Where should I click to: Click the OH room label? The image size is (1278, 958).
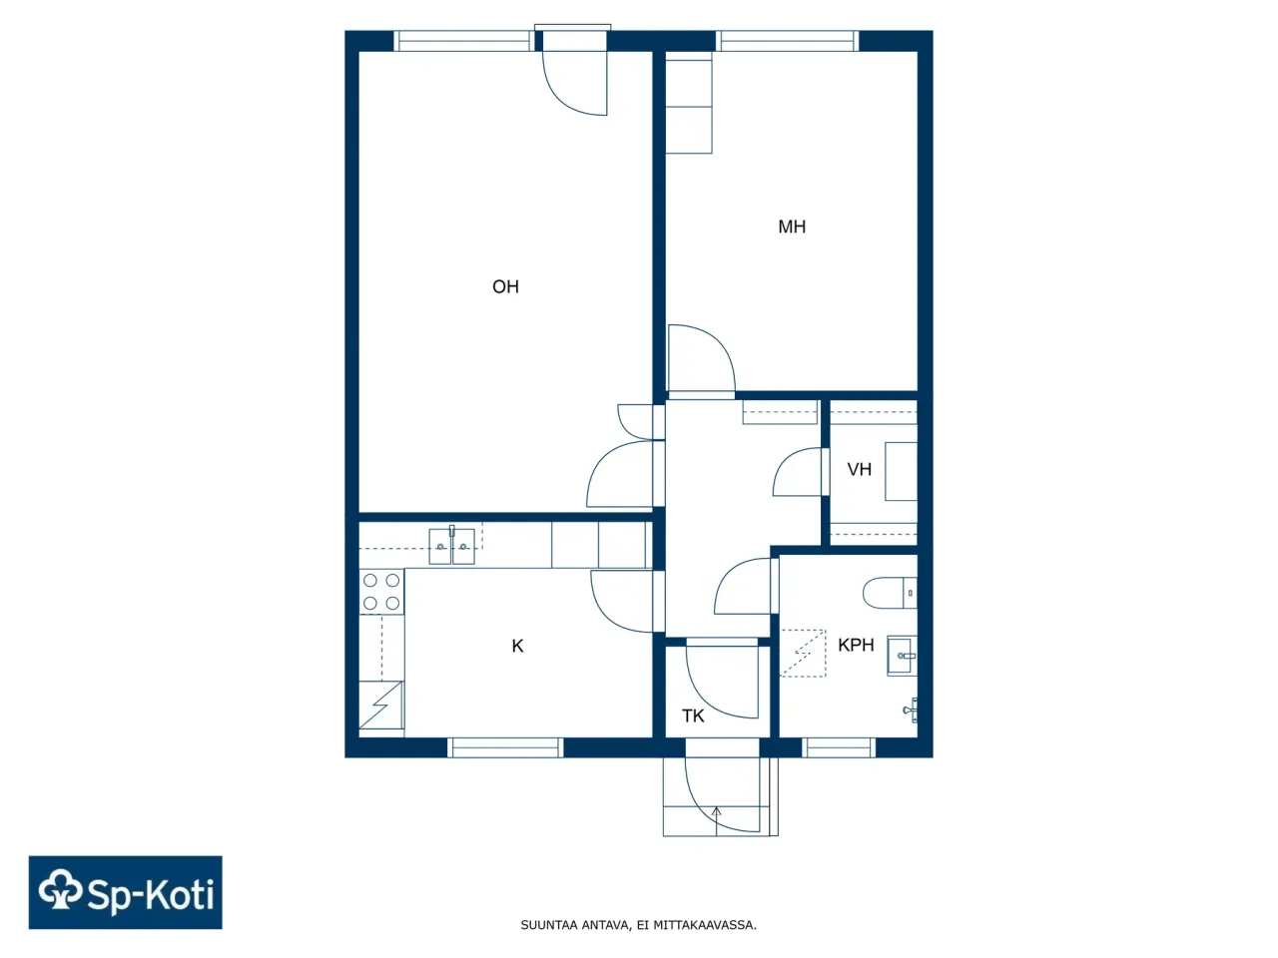[505, 287]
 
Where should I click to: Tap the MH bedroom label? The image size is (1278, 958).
[792, 228]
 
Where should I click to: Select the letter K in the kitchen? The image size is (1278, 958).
[517, 647]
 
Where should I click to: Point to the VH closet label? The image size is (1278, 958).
[859, 470]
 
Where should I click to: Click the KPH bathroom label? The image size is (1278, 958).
[856, 646]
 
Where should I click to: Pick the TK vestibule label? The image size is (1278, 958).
[693, 717]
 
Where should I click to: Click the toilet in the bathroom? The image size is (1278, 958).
[888, 593]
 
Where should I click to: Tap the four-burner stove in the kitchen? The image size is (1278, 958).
[381, 592]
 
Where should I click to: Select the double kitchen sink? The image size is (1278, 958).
[451, 546]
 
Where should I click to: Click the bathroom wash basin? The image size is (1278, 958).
[902, 656]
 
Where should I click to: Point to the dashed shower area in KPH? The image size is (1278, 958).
[803, 654]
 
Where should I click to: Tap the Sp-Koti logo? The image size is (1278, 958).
[126, 892]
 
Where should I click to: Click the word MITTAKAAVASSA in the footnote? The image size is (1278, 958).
[704, 925]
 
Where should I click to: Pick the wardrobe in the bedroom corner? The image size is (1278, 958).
[689, 106]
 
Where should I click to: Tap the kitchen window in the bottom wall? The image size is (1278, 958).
[505, 747]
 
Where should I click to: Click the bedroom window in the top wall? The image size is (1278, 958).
[788, 41]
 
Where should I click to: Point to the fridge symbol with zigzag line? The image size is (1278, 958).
[381, 706]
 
